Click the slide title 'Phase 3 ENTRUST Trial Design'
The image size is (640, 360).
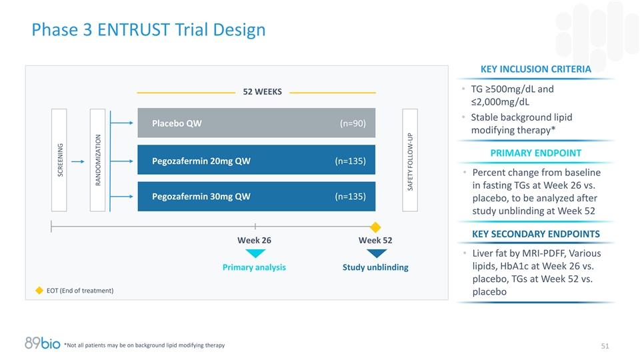(x=149, y=30)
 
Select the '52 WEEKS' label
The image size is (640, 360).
(x=262, y=91)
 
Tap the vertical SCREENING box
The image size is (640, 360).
(x=59, y=160)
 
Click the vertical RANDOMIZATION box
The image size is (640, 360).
(x=97, y=160)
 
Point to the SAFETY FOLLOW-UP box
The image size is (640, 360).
(x=410, y=160)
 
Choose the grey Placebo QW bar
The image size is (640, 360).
(x=257, y=123)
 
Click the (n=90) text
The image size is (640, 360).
(x=352, y=123)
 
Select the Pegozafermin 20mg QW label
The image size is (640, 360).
(x=201, y=160)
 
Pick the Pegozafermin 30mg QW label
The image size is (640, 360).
(x=201, y=196)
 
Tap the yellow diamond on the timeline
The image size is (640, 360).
(x=375, y=227)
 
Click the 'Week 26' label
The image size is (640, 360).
(x=254, y=240)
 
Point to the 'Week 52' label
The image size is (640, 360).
(x=375, y=240)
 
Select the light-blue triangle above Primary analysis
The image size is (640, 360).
(x=255, y=253)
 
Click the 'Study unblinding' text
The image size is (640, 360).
(x=375, y=267)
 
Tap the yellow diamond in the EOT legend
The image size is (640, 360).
(x=39, y=291)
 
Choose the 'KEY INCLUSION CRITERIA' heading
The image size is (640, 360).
(x=535, y=69)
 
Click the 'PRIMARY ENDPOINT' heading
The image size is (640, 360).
(x=535, y=153)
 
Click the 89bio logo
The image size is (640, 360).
(x=42, y=343)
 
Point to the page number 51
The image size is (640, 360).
(x=605, y=345)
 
